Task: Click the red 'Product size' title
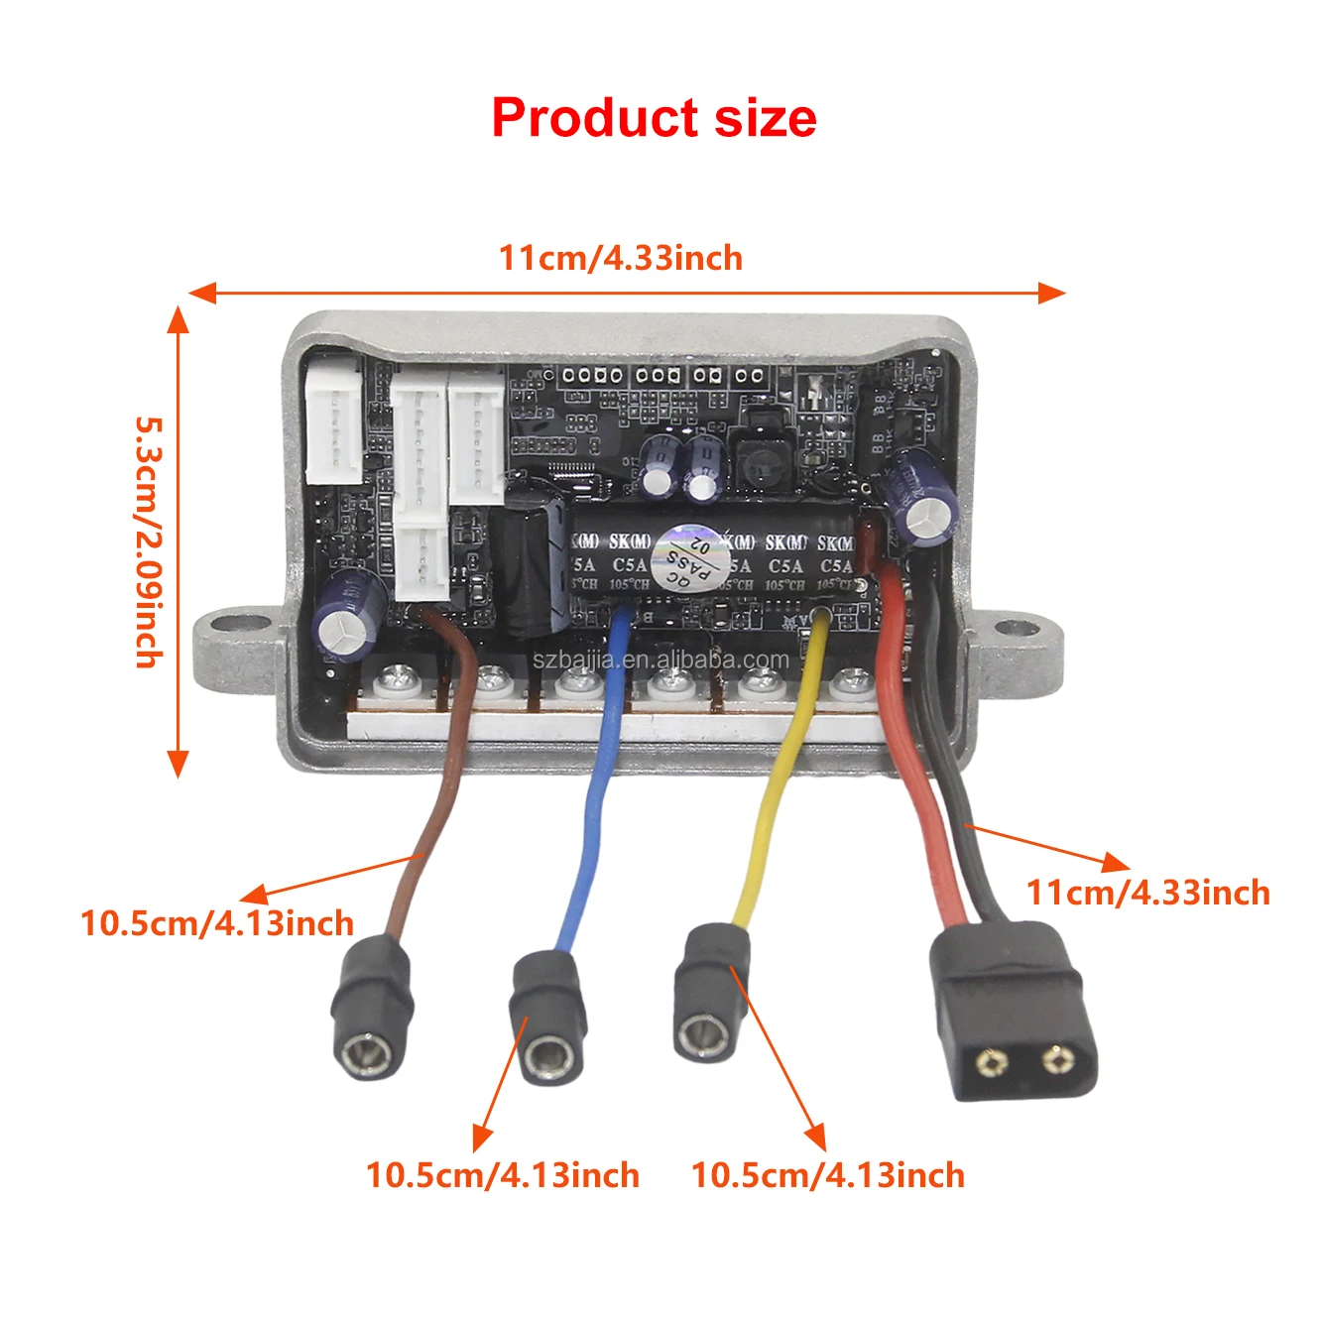coord(654,118)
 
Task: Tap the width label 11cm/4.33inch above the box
coord(620,258)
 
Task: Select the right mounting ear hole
coord(1013,629)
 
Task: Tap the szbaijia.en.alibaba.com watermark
coord(661,660)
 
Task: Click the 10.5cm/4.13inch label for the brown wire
coord(217,923)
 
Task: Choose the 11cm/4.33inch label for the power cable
coord(1147,892)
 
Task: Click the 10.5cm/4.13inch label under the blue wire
coord(503,1175)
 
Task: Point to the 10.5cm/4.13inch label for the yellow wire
coord(827,1175)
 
